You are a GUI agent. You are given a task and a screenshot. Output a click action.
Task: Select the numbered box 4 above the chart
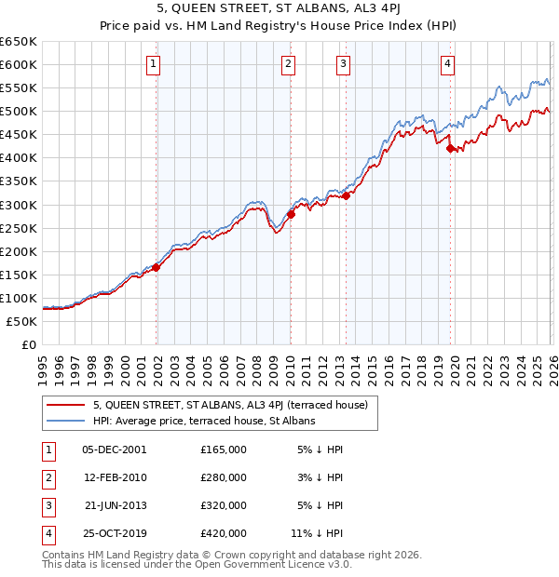(448, 63)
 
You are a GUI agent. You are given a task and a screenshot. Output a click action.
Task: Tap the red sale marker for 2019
(450, 148)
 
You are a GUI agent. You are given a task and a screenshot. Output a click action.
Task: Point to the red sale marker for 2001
(157, 267)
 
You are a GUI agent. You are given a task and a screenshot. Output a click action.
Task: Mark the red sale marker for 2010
(291, 213)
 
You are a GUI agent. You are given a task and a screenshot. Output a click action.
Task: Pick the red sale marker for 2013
(346, 195)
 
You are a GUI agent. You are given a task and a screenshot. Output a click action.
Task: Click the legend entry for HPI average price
(204, 421)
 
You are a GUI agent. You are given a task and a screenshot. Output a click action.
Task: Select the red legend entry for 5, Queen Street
(231, 405)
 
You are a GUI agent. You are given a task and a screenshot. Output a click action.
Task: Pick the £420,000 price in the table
(224, 533)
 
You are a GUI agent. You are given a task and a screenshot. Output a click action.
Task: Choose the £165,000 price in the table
(224, 450)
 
